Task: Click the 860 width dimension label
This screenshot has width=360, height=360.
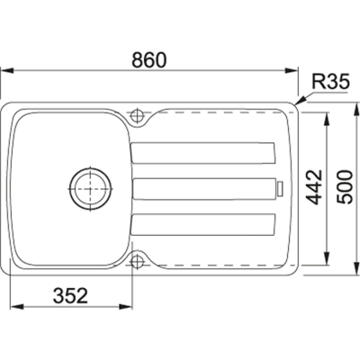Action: pyautogui.click(x=148, y=59)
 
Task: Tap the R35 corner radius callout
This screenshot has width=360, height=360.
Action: pyautogui.click(x=330, y=82)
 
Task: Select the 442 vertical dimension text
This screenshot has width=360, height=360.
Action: pyautogui.click(x=315, y=187)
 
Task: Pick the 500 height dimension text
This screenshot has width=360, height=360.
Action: pyautogui.click(x=344, y=187)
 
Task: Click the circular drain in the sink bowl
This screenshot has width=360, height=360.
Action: pyautogui.click(x=90, y=189)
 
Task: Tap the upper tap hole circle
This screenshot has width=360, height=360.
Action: pyautogui.click(x=138, y=115)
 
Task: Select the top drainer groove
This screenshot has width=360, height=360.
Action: pyautogui.click(x=203, y=153)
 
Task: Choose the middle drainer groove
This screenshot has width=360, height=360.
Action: pyautogui.click(x=204, y=189)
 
